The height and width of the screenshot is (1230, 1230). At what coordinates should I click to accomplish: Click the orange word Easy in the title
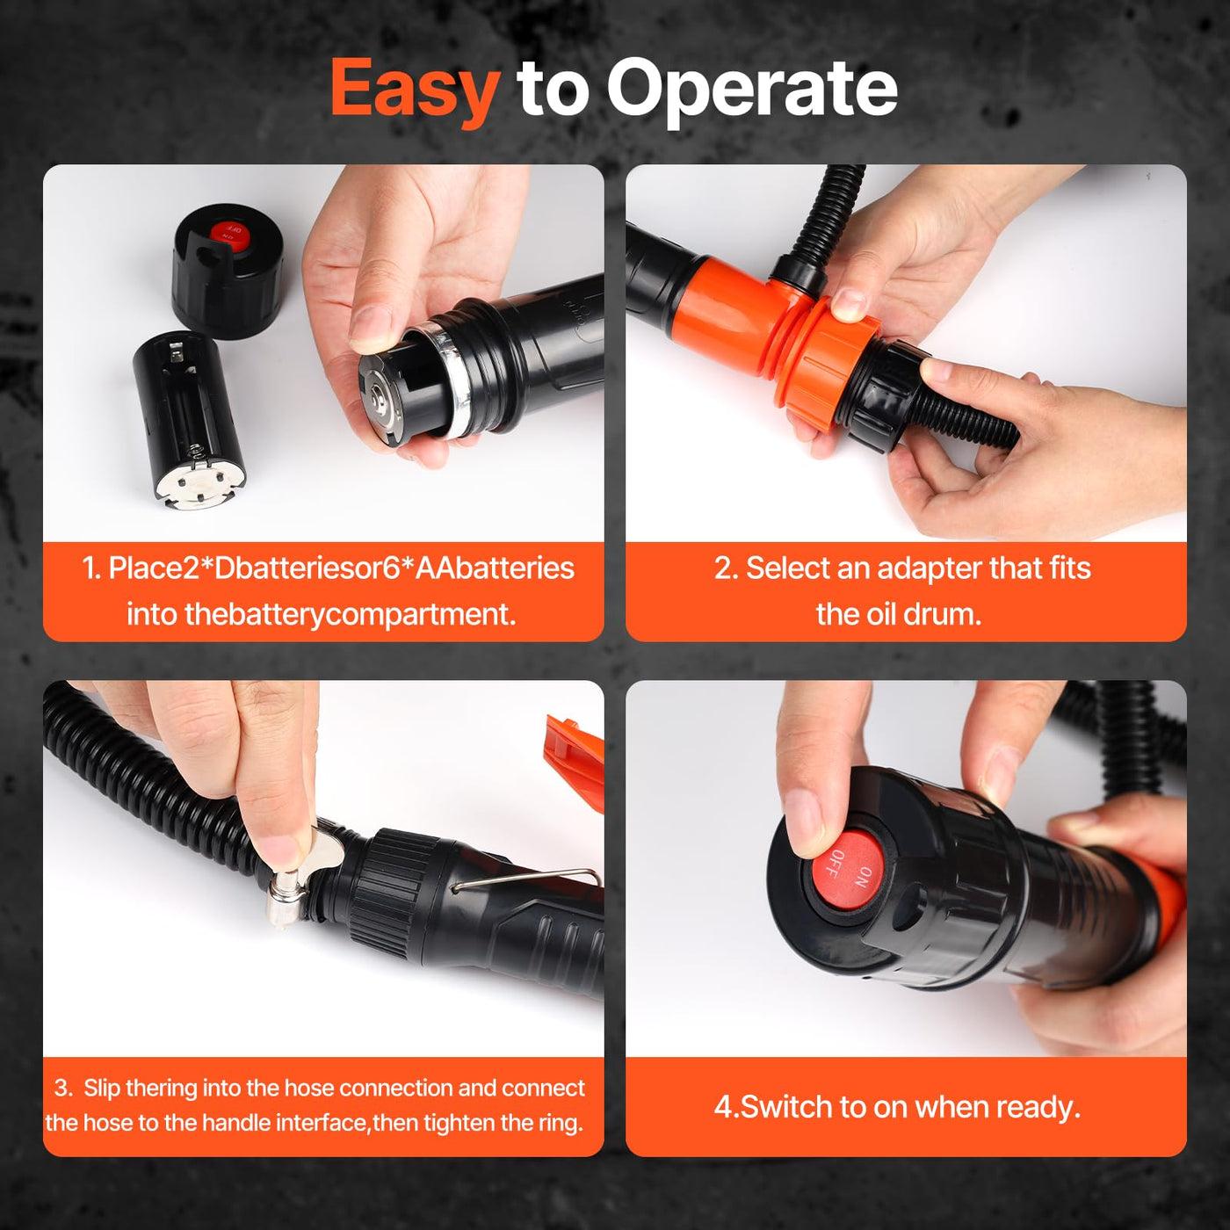point(415,90)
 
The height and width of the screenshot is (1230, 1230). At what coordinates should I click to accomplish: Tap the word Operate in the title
point(751,92)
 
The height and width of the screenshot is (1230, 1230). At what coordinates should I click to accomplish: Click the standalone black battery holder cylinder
point(190,420)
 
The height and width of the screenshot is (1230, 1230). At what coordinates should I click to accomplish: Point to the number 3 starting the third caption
point(61,1088)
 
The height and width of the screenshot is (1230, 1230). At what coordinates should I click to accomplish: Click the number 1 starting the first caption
point(90,568)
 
